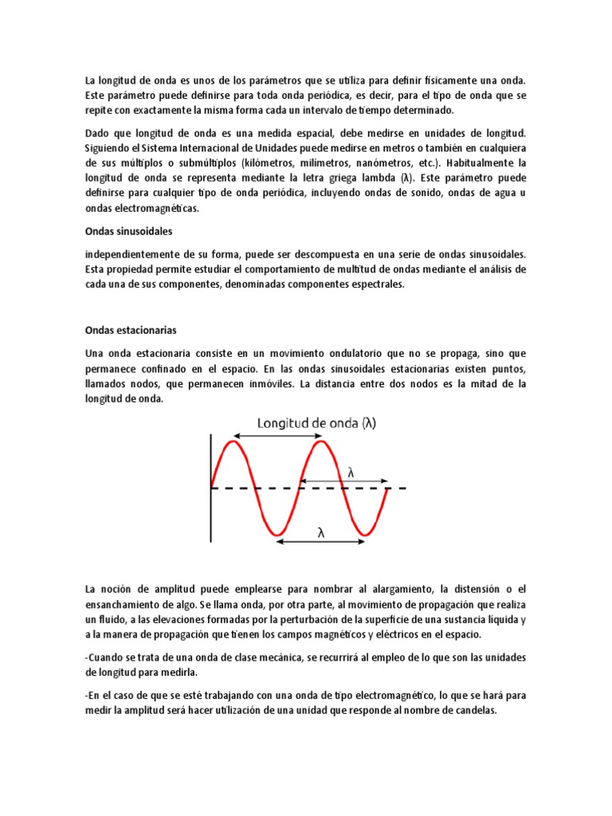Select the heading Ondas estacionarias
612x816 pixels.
coord(130,330)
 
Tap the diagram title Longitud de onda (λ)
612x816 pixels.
coord(316,424)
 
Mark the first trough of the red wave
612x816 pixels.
coord(277,533)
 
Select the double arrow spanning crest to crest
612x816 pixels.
coord(277,436)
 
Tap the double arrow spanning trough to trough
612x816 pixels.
coord(321,543)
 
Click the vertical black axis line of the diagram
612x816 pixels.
coord(210,486)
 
